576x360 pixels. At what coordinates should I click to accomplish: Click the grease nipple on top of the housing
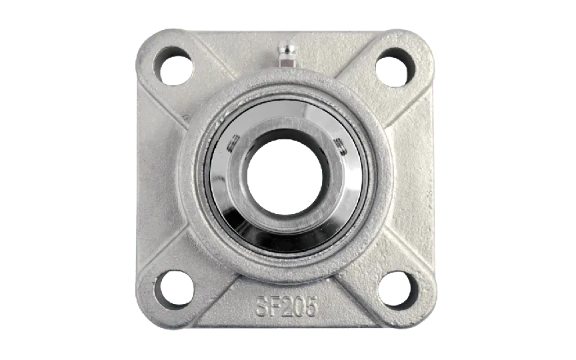tap(287, 54)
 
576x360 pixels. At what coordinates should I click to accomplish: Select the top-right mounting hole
tap(395, 67)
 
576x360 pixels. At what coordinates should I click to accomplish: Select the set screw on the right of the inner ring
tap(340, 146)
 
